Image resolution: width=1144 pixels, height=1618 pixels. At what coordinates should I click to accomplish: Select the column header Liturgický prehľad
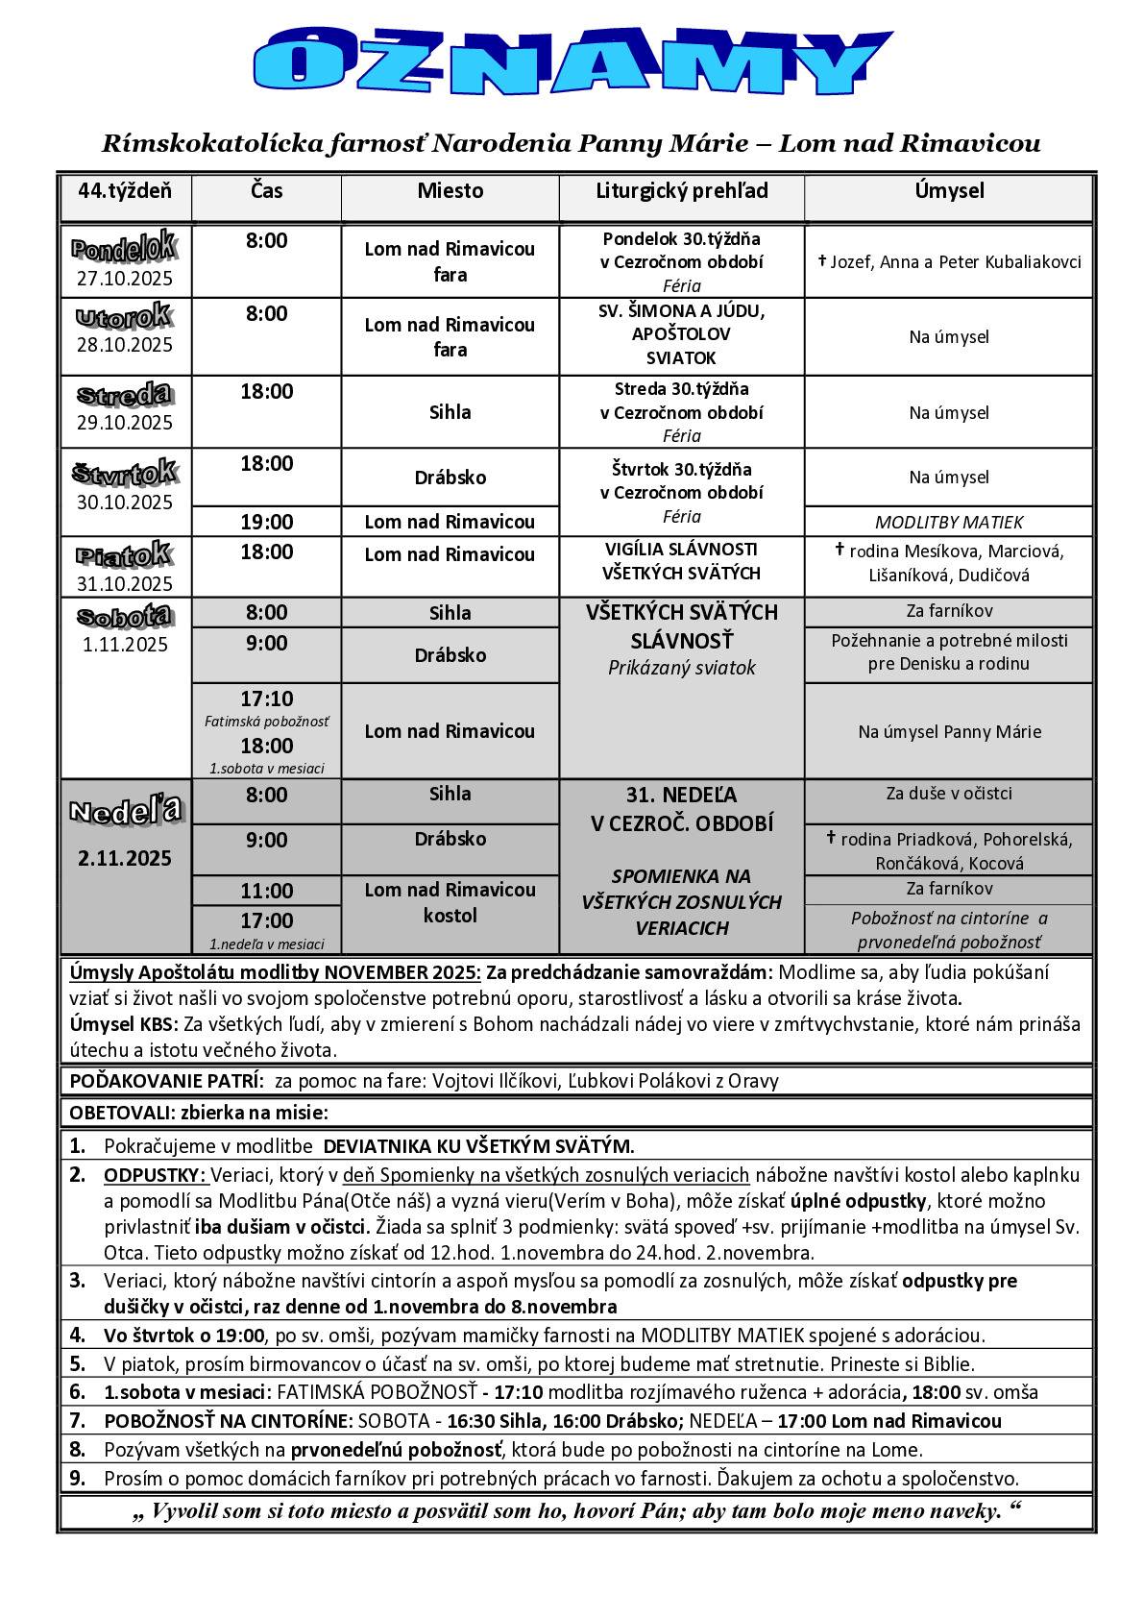coord(681,191)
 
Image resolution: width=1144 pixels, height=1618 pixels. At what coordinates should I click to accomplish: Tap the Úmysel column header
coord(948,191)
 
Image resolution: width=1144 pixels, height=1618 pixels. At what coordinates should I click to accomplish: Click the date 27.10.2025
coord(125,280)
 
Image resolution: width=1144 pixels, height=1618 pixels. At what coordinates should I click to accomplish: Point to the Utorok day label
coord(124,315)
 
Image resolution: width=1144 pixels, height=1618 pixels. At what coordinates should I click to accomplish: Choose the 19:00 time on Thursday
coord(266,523)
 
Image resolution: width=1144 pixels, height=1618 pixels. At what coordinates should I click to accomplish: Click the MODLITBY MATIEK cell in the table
coord(948,523)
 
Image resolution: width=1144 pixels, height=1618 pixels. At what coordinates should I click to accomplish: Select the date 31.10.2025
coord(125,584)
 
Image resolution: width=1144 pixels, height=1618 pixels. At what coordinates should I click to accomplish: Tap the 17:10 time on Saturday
coord(266,699)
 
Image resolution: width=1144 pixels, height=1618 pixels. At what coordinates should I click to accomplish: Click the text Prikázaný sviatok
coord(681,668)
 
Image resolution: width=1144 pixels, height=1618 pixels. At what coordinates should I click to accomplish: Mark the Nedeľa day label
coord(125,810)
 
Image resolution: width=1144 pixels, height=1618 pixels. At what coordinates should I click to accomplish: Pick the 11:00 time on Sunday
coord(266,891)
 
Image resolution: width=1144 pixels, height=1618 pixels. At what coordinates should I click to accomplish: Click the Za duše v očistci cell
coord(948,794)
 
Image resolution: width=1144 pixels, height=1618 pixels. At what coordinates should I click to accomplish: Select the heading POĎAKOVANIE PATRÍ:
coord(166,1081)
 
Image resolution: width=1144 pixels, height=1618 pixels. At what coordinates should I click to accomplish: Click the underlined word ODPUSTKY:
coord(154,1175)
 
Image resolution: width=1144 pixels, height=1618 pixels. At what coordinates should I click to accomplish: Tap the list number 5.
coord(78,1363)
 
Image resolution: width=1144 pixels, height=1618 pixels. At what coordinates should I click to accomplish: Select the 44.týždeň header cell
coord(125,191)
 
